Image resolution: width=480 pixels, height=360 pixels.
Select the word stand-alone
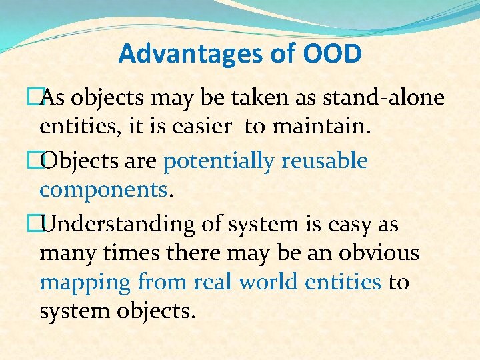click(x=383, y=98)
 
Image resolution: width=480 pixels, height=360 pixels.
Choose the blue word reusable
click(x=325, y=161)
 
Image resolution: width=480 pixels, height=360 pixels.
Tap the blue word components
click(x=104, y=190)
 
